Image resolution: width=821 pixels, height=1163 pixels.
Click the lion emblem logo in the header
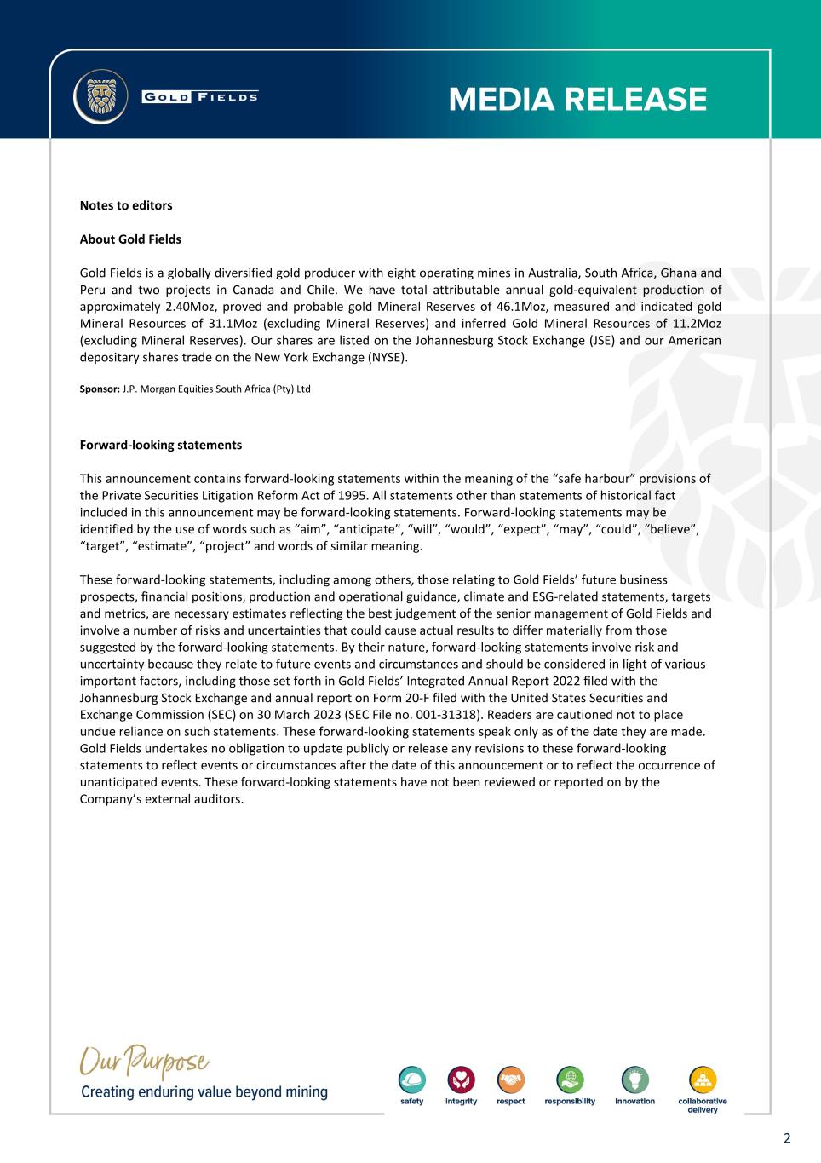pos(100,96)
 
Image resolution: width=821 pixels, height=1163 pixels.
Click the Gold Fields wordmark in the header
pos(200,96)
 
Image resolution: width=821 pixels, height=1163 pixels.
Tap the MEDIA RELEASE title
pos(577,100)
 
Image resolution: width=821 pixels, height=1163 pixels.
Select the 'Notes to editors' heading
pos(126,205)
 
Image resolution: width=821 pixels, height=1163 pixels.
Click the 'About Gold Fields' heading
pos(130,239)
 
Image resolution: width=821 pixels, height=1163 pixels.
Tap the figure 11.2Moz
pos(692,324)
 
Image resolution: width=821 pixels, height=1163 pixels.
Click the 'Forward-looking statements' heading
pos(161,445)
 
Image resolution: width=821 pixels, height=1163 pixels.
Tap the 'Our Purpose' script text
pos(145,1063)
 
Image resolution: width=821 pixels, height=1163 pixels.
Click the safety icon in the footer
pos(412,1080)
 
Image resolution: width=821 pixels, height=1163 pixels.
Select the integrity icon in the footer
pos(461,1080)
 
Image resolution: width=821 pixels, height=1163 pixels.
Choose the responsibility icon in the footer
pos(570,1080)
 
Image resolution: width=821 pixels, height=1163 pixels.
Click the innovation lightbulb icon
pos(635,1080)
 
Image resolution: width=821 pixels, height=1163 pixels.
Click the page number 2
pos(787,1138)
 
